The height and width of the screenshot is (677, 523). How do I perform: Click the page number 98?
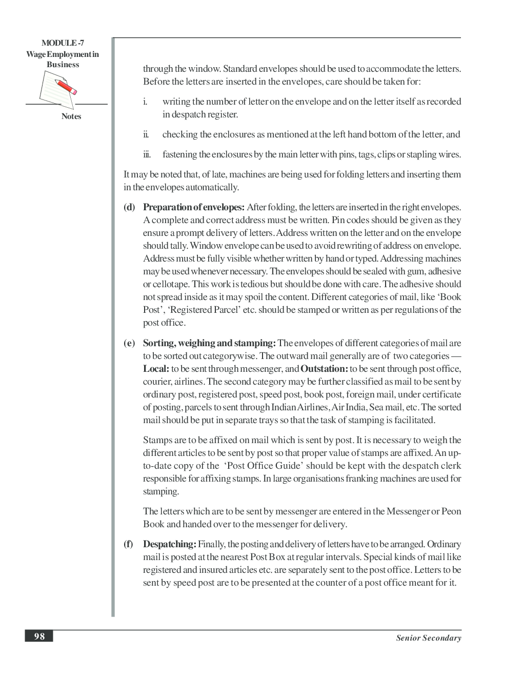(x=39, y=636)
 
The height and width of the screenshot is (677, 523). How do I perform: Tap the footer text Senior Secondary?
(x=428, y=638)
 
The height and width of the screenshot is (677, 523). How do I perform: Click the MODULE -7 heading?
(x=63, y=44)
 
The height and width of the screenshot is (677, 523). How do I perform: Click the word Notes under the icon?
(x=71, y=116)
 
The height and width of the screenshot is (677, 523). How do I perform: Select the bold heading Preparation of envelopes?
(x=194, y=207)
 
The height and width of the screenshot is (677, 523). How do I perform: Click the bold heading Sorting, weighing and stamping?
(x=209, y=343)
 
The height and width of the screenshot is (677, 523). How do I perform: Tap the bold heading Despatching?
(x=169, y=544)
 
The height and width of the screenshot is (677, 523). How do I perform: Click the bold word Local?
(x=156, y=369)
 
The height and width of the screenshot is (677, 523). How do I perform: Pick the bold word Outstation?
(x=324, y=369)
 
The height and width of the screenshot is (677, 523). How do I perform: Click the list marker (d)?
(x=129, y=207)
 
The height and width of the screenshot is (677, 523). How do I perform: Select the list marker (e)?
(x=129, y=343)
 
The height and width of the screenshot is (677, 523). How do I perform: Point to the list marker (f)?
(x=128, y=544)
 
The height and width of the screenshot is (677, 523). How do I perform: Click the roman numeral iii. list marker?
(x=147, y=154)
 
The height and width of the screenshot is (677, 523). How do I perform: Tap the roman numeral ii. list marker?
(x=146, y=134)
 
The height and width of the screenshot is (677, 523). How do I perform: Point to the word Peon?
(x=451, y=511)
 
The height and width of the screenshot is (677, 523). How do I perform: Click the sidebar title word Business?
(x=63, y=65)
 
